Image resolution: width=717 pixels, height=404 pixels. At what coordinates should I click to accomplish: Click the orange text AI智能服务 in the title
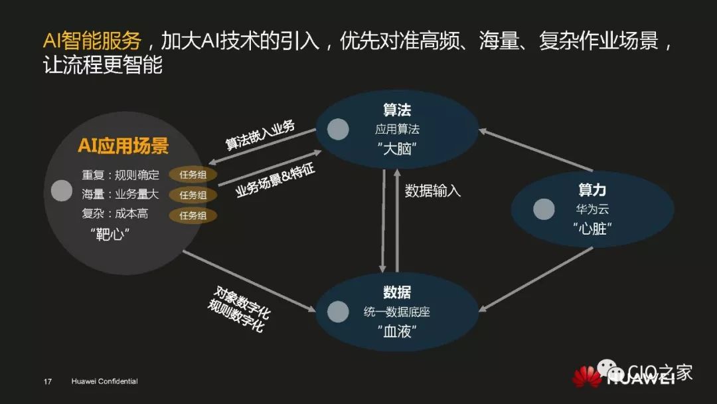point(92,41)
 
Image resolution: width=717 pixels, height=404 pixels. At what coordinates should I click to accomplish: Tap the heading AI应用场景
point(123,146)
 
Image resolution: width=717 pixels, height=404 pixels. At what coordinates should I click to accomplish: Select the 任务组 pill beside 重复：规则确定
point(193,175)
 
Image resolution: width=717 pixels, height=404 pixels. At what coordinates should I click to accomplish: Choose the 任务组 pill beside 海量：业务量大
point(193,195)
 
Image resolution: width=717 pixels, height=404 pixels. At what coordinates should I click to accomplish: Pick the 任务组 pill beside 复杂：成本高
point(193,215)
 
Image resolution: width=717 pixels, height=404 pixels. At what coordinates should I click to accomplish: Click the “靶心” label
point(110,235)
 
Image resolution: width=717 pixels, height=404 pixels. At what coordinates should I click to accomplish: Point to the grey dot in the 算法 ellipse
point(338,130)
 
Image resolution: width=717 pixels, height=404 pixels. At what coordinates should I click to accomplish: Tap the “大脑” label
point(397,149)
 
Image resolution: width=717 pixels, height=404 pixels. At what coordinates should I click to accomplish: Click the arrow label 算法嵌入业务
point(260,136)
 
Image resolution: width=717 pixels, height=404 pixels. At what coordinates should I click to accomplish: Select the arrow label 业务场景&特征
point(275,180)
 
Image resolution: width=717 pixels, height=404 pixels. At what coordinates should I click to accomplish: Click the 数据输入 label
point(433,191)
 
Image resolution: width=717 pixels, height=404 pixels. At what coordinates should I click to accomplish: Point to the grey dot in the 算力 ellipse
point(544,209)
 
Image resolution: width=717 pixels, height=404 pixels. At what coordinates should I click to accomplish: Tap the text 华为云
point(592,210)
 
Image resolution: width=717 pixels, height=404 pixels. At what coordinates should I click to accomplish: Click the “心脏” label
point(592,229)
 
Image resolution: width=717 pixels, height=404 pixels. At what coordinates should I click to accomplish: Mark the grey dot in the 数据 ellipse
point(338,311)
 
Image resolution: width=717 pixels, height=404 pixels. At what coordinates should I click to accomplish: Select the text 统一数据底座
point(397,312)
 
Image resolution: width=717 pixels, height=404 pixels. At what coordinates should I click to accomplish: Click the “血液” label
point(397,331)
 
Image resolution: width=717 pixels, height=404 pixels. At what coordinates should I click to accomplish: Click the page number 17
point(48,381)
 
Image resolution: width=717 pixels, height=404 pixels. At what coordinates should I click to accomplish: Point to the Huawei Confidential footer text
point(104,381)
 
